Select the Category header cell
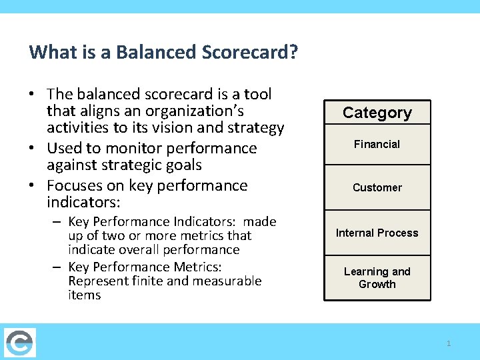pyautogui.click(x=377, y=113)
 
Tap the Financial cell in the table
pyautogui.click(x=377, y=145)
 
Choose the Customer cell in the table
pyautogui.click(x=377, y=188)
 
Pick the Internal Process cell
pyautogui.click(x=377, y=233)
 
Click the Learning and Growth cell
pyautogui.click(x=377, y=278)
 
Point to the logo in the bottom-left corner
pyautogui.click(x=19, y=343)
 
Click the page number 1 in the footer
pyautogui.click(x=449, y=343)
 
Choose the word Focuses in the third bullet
pyautogui.click(x=77, y=185)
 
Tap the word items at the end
pyautogui.click(x=84, y=295)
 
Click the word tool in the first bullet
pyautogui.click(x=259, y=95)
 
